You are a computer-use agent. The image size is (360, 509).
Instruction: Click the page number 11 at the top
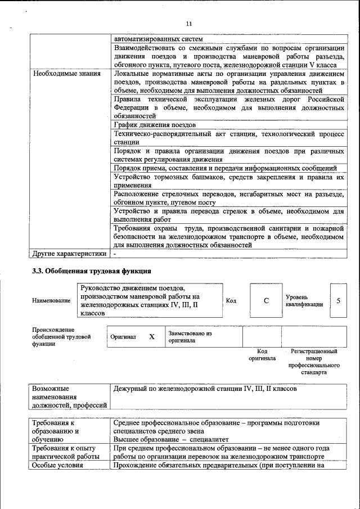(x=188, y=24)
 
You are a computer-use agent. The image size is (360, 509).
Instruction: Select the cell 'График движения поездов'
(x=155, y=124)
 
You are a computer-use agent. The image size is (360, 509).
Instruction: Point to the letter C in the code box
(x=266, y=300)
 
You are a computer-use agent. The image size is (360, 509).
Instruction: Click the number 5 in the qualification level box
(x=338, y=300)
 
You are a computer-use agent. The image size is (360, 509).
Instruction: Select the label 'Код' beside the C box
(x=231, y=301)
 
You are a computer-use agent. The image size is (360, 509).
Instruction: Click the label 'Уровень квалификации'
(x=304, y=300)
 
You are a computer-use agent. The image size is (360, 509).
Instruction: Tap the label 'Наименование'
(x=51, y=301)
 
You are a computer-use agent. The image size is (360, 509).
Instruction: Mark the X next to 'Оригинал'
(x=151, y=337)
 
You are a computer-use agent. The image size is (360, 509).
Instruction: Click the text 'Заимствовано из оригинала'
(x=190, y=337)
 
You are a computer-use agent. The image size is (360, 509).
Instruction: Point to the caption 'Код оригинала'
(x=262, y=354)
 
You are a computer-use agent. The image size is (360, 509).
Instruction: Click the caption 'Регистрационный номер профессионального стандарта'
(x=314, y=361)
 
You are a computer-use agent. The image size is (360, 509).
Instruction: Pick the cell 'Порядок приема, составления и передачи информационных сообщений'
(x=225, y=168)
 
